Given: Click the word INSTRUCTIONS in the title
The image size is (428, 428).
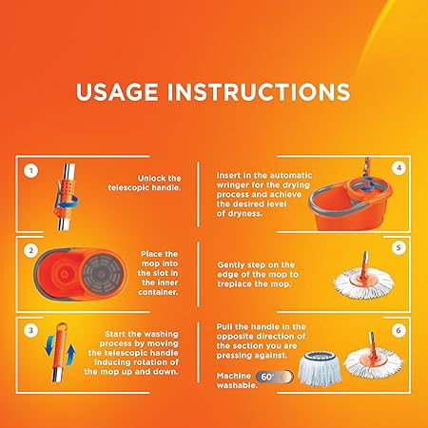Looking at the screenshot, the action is (259, 92).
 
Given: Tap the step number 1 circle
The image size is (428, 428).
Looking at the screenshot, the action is (30, 171).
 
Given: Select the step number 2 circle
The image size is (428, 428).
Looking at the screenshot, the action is (30, 251).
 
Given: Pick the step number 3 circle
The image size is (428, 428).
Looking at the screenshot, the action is (30, 330).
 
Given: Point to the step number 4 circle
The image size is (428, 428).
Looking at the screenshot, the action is (399, 168).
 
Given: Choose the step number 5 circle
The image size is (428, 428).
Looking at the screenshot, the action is (399, 247).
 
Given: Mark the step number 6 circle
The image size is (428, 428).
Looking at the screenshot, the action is (399, 330).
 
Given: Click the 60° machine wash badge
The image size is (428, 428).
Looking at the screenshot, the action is (274, 377).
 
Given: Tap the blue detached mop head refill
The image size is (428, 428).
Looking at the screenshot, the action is (320, 368).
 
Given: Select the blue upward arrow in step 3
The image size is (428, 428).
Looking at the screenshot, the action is (71, 355).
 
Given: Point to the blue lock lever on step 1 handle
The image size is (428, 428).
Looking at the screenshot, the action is (68, 202).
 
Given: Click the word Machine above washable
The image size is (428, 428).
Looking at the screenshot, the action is (234, 376).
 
